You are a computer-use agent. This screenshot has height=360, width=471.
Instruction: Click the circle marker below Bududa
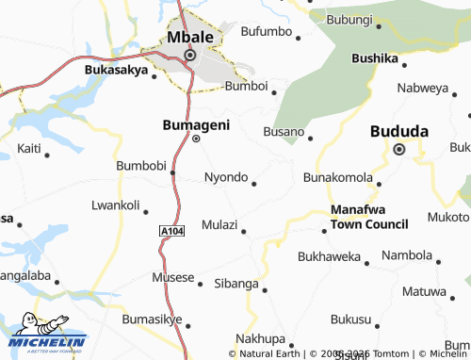point(398,149)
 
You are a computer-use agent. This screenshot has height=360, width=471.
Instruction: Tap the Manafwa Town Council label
point(369,217)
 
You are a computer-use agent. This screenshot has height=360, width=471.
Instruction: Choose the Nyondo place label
point(226,177)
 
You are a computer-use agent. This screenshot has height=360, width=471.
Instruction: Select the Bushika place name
point(375,58)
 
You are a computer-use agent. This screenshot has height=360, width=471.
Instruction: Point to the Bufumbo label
point(268,32)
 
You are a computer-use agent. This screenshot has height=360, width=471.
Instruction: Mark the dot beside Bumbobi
point(172,172)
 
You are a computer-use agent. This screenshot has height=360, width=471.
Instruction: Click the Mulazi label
point(219,224)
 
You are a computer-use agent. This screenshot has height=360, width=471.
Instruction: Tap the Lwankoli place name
point(115,205)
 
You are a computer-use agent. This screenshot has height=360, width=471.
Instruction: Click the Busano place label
point(284,131)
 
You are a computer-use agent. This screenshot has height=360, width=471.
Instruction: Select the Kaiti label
point(29,149)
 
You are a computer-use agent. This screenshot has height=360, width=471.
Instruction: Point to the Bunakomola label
point(337,177)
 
